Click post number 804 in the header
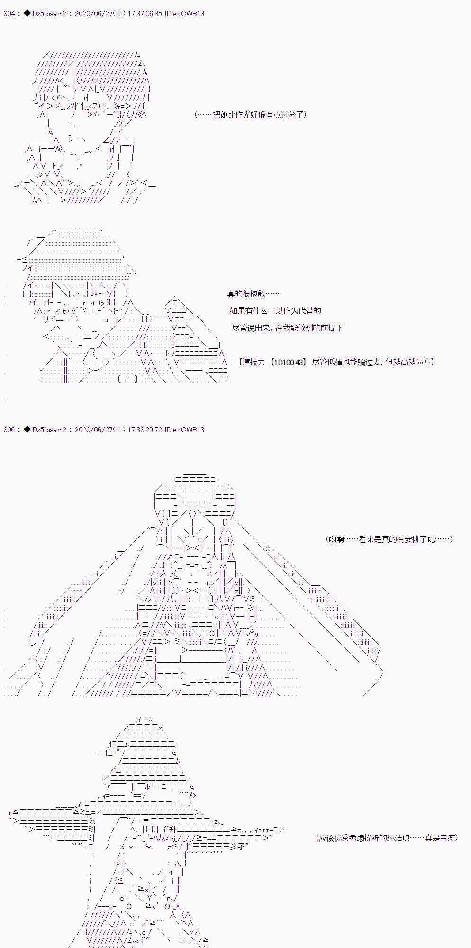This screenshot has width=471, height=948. (x=9, y=14)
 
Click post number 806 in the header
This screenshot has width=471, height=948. (x=9, y=430)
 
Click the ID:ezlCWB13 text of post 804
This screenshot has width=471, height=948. (x=184, y=14)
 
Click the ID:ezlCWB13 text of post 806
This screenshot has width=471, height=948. (x=184, y=430)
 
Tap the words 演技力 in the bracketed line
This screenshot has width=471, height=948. (x=254, y=362)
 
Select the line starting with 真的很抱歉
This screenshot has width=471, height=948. (x=253, y=294)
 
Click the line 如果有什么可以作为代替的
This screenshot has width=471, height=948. (x=275, y=311)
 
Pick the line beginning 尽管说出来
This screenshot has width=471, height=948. (x=287, y=328)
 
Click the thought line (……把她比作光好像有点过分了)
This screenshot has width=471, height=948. (x=250, y=115)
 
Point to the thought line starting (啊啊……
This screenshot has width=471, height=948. (x=389, y=539)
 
